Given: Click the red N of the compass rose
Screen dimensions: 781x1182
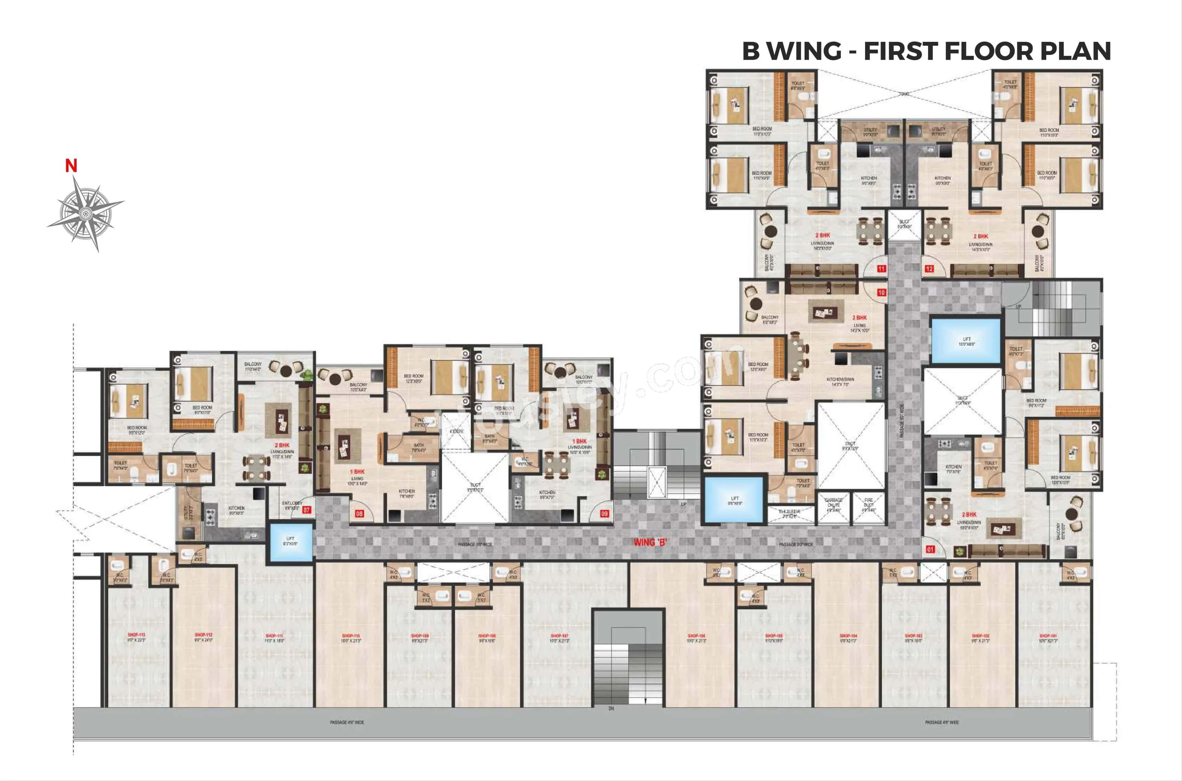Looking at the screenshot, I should (71, 166).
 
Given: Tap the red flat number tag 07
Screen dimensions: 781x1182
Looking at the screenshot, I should (307, 509).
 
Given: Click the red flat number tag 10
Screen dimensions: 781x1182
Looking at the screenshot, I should (881, 293).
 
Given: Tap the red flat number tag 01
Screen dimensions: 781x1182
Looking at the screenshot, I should (930, 549).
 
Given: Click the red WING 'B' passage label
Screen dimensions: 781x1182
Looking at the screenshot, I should (650, 542).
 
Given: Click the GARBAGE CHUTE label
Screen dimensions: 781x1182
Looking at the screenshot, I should (833, 503).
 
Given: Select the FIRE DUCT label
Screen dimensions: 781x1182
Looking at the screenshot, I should (869, 503).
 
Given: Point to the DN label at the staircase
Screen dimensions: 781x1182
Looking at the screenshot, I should (611, 708).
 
